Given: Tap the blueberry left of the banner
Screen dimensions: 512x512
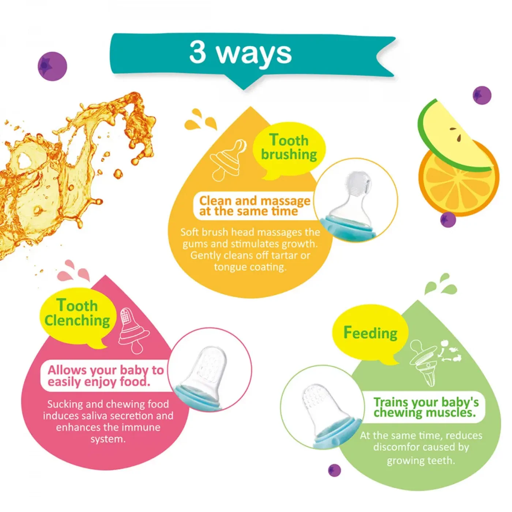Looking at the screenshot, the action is (x=52, y=66).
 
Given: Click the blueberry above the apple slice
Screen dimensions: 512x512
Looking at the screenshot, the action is (x=482, y=95).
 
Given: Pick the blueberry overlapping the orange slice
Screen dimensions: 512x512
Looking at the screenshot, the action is (x=448, y=219).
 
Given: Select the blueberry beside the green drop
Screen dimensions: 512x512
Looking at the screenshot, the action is (x=334, y=471).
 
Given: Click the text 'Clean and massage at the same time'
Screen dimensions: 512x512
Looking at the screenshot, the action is (x=255, y=206).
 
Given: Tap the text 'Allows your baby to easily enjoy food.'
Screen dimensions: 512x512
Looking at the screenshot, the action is (x=105, y=376).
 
